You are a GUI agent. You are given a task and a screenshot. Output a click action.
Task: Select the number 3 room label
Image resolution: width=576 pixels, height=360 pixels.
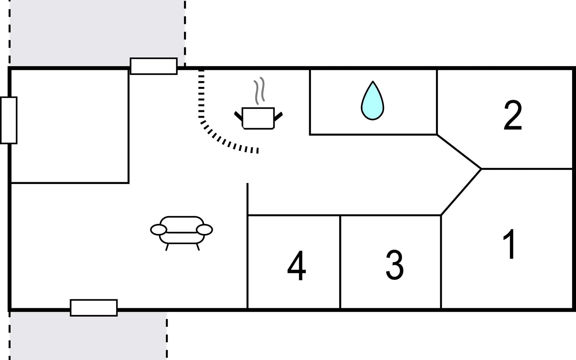click(x=394, y=265)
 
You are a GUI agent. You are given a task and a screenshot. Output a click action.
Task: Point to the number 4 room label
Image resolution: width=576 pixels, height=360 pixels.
click(x=297, y=265)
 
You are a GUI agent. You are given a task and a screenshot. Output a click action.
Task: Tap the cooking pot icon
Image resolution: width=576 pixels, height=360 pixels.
click(x=258, y=118)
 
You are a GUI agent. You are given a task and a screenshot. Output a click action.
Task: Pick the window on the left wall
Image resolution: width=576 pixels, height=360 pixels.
click(x=9, y=120)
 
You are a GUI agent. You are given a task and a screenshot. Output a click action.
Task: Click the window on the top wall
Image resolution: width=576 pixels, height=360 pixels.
click(x=154, y=66)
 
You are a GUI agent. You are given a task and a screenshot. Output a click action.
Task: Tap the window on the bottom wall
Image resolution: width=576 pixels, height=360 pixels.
click(x=94, y=307)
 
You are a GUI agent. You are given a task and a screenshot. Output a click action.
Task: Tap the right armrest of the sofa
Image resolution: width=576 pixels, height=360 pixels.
click(x=204, y=229)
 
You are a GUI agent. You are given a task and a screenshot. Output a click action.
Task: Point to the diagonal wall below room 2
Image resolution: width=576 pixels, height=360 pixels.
click(x=459, y=151)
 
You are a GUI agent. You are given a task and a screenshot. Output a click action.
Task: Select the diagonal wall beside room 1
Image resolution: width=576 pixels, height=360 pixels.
click(x=461, y=192)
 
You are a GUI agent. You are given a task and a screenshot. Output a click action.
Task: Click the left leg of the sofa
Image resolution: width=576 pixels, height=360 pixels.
click(x=167, y=247)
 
